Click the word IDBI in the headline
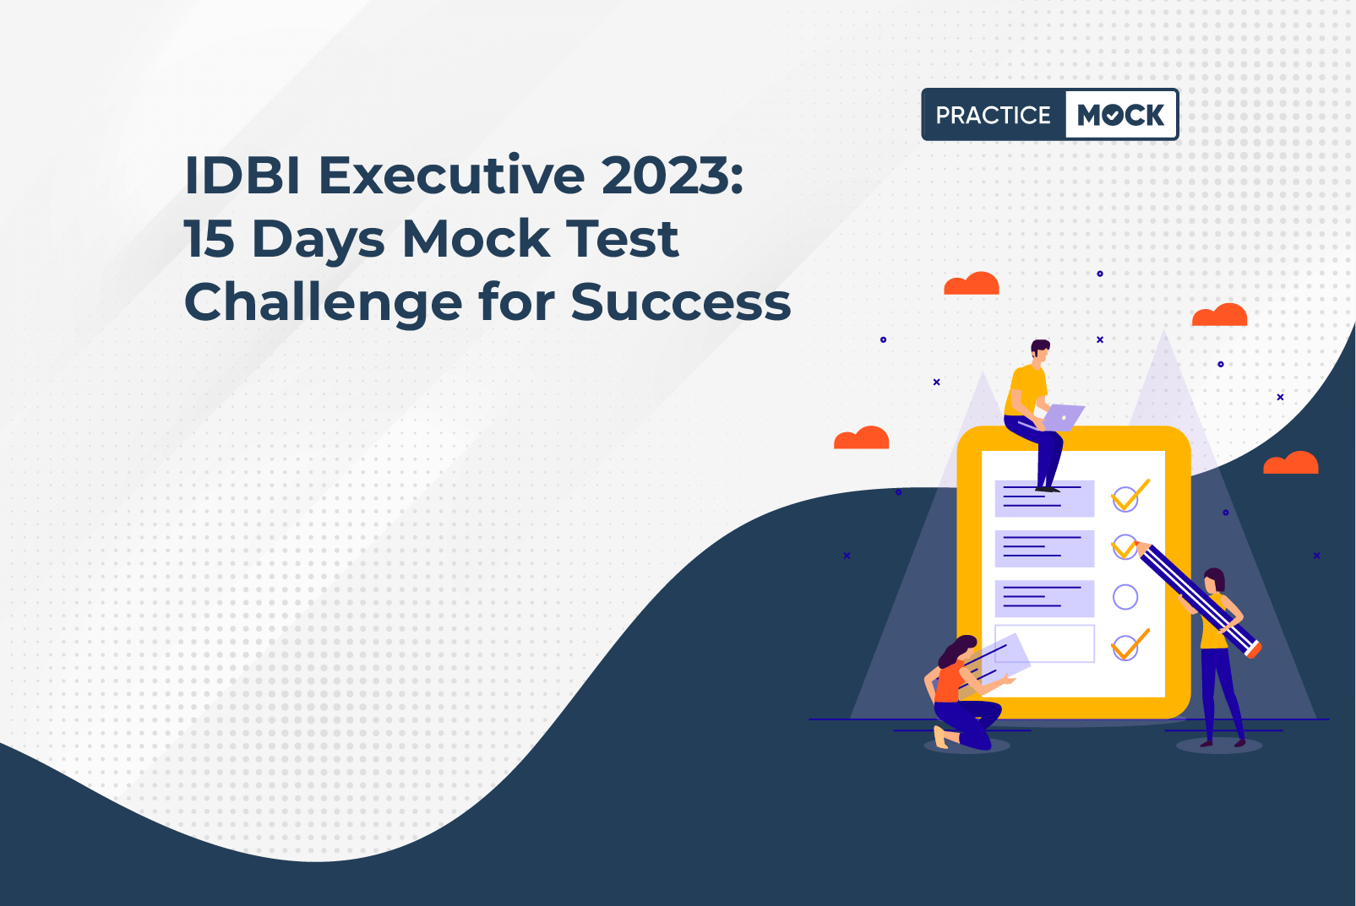(242, 176)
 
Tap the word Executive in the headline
(452, 175)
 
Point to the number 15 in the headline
(210, 239)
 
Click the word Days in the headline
(319, 242)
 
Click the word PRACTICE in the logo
(993, 115)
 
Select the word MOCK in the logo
(1120, 115)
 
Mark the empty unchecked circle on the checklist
(1125, 597)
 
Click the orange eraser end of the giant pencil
(1255, 650)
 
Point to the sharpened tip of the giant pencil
(1137, 545)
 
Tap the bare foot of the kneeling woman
(940, 737)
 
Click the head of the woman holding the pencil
(1213, 581)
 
